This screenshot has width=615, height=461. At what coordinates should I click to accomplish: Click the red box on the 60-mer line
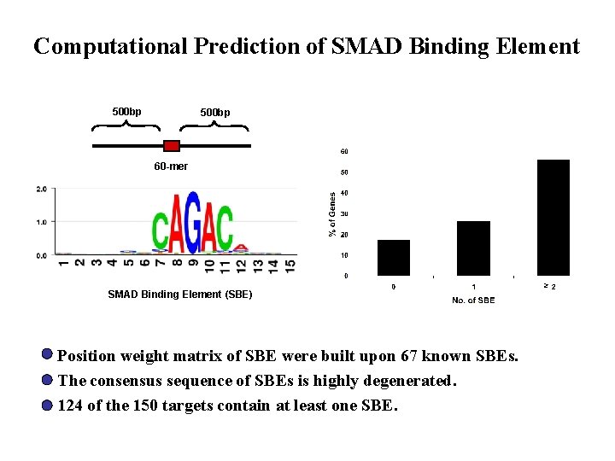(x=171, y=146)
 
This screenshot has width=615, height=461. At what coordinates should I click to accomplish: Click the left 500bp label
(x=127, y=112)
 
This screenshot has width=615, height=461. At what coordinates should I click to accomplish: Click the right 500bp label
(x=214, y=113)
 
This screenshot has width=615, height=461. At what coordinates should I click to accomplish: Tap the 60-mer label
(x=171, y=166)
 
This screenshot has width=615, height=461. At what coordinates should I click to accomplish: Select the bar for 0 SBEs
(x=394, y=257)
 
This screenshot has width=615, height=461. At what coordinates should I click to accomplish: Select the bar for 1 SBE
(x=473, y=248)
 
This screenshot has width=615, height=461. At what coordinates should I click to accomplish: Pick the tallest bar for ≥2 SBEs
(x=553, y=218)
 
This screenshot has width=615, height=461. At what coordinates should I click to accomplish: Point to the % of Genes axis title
(x=332, y=214)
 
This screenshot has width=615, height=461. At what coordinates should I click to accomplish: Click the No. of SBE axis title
(x=473, y=301)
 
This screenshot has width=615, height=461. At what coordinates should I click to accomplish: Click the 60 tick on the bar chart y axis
(x=344, y=152)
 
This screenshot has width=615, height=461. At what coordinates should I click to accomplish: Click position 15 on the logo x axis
(x=291, y=266)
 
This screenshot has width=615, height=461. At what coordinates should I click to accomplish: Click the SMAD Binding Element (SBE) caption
(x=179, y=295)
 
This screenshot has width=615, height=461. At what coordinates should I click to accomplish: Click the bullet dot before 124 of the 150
(x=46, y=406)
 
